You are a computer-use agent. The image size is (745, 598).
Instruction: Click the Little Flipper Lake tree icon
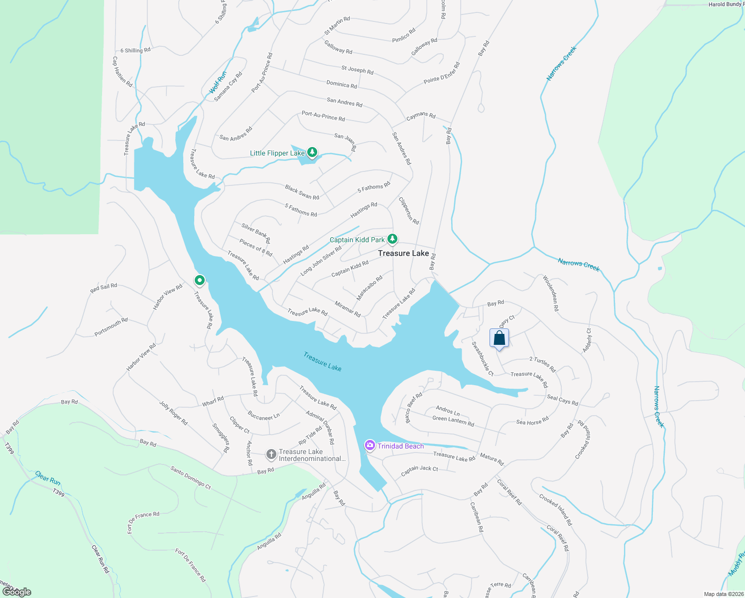click(312, 152)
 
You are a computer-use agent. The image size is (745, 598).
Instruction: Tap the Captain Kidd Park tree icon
click(392, 239)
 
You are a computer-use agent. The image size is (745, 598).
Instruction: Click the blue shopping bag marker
click(499, 339)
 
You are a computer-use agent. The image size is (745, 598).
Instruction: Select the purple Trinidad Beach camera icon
click(370, 445)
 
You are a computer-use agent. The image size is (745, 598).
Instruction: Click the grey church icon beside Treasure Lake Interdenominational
click(271, 454)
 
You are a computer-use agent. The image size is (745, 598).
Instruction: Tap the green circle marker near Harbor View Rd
click(199, 281)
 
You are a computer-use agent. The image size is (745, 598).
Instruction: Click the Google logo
click(16, 592)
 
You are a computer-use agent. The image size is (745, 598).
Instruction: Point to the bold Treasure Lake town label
click(403, 253)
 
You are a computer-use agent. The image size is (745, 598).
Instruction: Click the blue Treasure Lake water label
click(323, 361)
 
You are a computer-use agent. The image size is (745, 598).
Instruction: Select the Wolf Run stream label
click(218, 83)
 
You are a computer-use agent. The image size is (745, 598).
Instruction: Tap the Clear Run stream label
click(48, 478)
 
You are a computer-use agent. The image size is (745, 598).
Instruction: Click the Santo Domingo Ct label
click(191, 477)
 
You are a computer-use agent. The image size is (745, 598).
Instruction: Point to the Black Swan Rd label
click(302, 192)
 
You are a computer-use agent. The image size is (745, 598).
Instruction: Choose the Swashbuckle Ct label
click(482, 359)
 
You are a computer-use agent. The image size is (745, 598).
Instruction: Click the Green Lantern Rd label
click(453, 421)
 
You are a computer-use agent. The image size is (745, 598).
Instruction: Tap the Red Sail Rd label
click(104, 288)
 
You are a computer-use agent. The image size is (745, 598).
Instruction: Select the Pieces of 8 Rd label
click(255, 247)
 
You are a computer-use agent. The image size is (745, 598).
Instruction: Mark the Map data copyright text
click(723, 594)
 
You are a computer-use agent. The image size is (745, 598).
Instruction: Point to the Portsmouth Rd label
click(111, 327)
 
